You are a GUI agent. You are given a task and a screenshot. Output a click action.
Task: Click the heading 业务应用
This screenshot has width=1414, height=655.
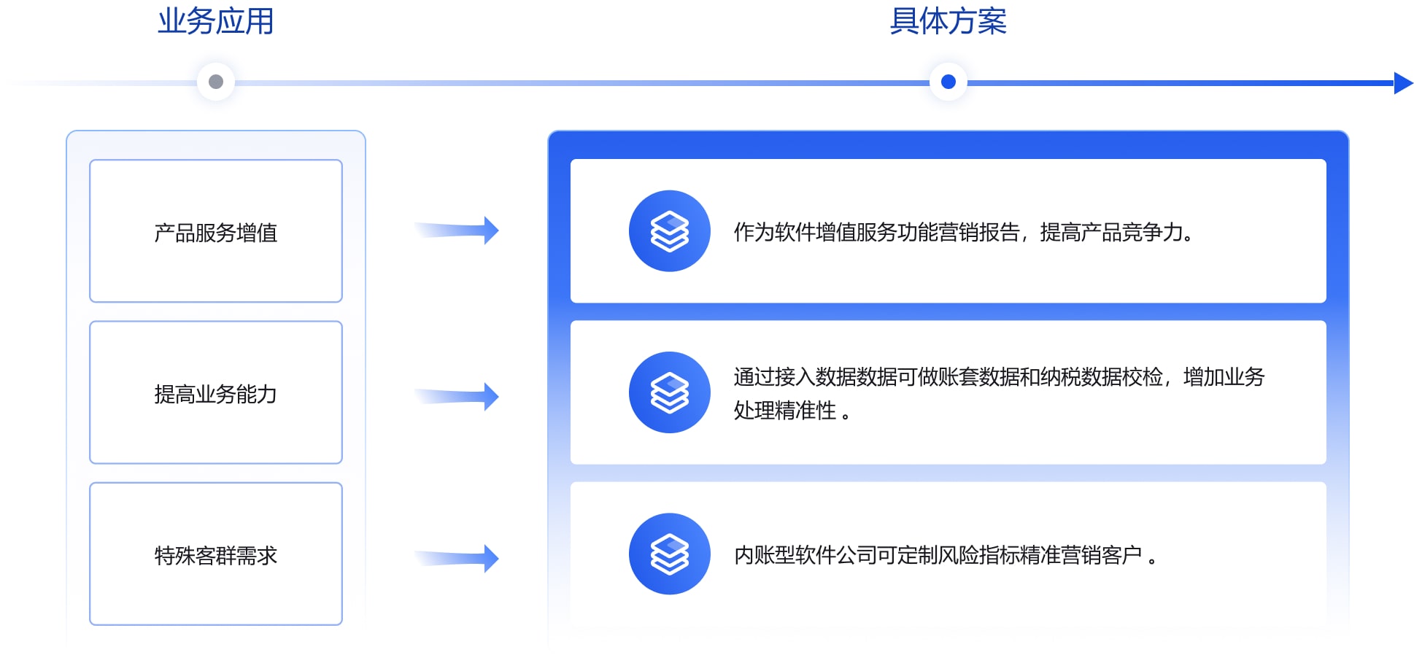(216, 22)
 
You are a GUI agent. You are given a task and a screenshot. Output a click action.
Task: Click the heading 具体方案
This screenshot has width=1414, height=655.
(948, 22)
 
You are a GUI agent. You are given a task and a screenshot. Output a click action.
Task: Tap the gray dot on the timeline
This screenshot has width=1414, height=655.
(216, 82)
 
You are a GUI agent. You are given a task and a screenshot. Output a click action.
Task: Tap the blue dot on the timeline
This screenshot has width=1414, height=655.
(949, 82)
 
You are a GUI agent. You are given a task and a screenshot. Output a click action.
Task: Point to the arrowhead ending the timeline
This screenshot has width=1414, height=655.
(1402, 83)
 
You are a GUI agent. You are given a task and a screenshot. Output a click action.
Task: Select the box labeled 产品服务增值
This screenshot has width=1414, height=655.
(216, 230)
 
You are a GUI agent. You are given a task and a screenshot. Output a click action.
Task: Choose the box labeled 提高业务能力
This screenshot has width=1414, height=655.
(216, 392)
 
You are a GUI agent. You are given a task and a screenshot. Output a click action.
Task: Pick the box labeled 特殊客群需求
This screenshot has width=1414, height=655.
(216, 554)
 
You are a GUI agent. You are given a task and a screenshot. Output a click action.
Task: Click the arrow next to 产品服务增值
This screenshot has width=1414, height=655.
(458, 230)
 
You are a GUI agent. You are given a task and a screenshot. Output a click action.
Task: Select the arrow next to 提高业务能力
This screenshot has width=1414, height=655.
(458, 397)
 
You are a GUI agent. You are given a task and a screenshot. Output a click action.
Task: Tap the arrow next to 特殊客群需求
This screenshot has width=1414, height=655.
(458, 559)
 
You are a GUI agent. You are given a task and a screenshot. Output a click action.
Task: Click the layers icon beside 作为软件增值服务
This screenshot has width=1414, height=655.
(669, 231)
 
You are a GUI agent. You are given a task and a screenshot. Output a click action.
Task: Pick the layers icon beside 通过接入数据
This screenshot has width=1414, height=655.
(669, 392)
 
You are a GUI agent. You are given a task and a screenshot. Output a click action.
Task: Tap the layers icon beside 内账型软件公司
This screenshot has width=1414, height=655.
(669, 554)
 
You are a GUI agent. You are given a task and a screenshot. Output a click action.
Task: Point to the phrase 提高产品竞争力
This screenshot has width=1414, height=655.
(1111, 233)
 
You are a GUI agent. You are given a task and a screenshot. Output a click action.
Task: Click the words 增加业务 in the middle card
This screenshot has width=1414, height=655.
(1224, 377)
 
